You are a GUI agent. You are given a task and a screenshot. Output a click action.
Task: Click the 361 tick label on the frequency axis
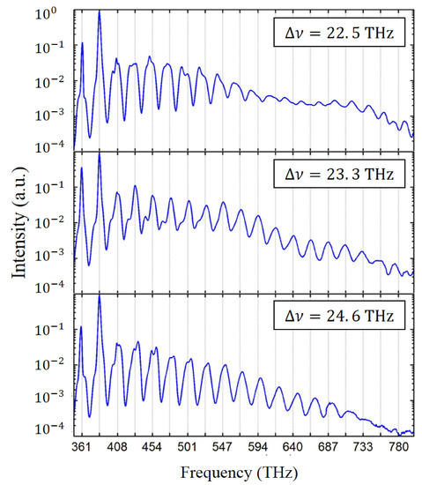[x=83, y=447]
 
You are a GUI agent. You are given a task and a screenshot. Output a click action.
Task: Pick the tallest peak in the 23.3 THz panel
[x=99, y=153]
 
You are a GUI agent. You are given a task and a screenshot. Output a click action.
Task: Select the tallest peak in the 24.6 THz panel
[x=99, y=296]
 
